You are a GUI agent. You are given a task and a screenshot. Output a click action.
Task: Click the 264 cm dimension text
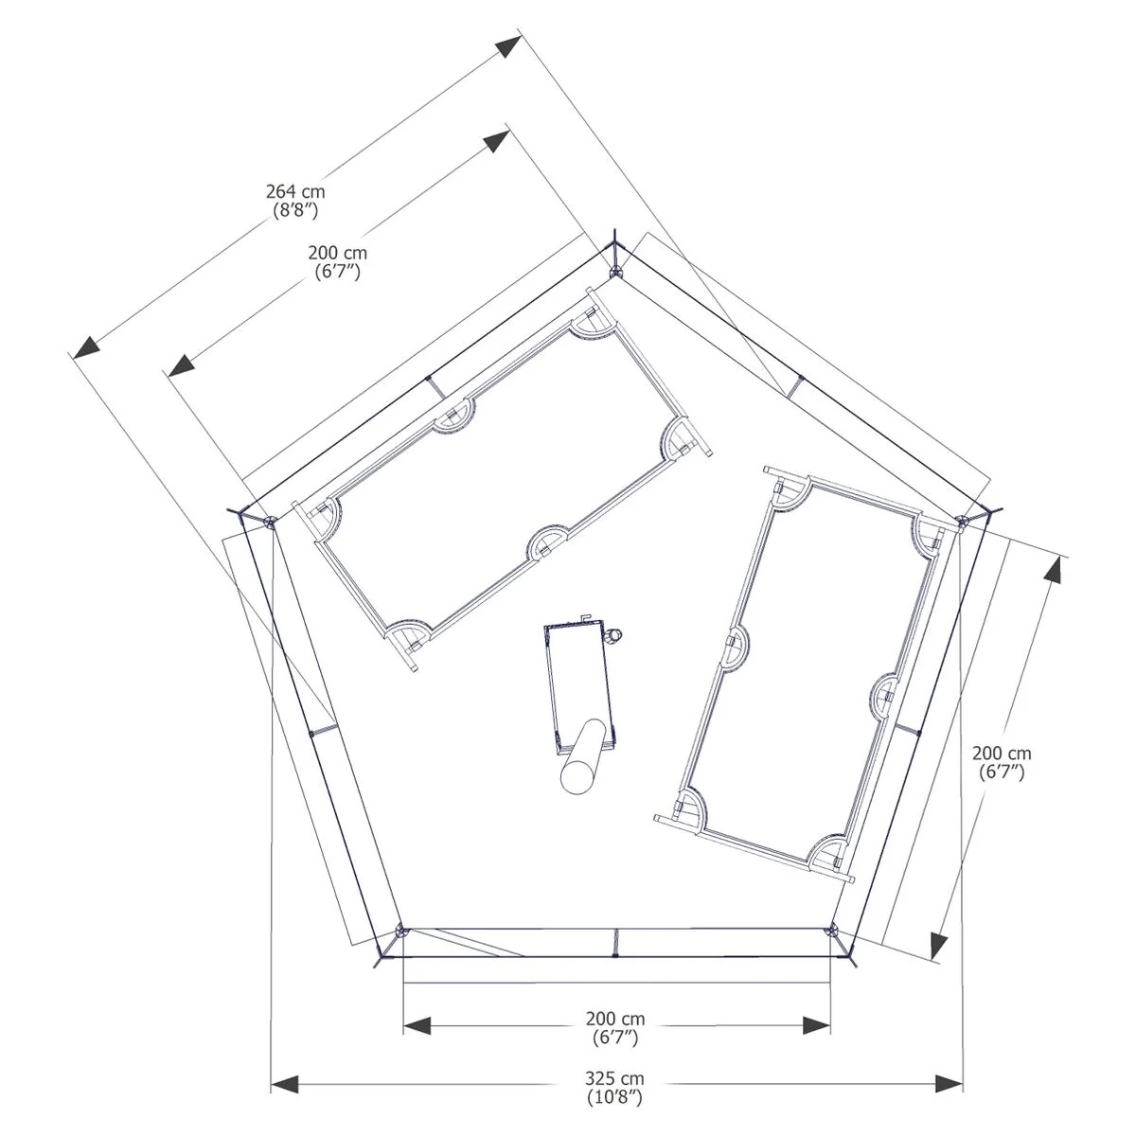click(295, 191)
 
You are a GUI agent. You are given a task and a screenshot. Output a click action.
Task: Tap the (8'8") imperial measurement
click(295, 210)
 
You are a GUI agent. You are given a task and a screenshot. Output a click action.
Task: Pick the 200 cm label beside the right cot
click(1002, 753)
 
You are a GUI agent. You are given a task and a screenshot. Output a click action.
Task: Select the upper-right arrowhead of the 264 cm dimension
click(508, 46)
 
